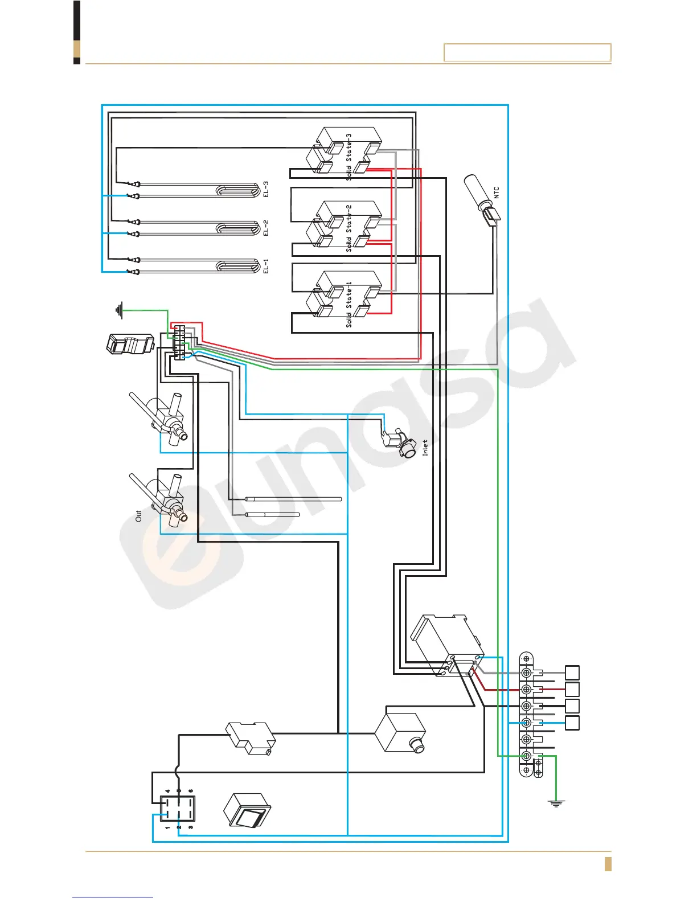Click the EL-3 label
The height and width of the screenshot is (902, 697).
click(x=265, y=189)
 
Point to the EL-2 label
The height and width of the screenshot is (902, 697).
click(x=265, y=227)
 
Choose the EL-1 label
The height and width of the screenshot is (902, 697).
click(x=265, y=266)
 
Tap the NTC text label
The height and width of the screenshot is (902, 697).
click(x=496, y=192)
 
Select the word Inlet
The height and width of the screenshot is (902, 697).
click(x=425, y=448)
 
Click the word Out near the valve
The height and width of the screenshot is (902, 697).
click(x=138, y=516)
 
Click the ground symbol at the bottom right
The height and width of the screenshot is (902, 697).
click(x=556, y=803)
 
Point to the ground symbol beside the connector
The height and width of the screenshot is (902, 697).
click(x=119, y=310)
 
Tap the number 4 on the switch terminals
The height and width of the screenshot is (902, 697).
click(x=167, y=791)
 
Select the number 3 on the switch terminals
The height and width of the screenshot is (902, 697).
click(x=191, y=827)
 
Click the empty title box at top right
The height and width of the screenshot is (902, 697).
click(x=527, y=52)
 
